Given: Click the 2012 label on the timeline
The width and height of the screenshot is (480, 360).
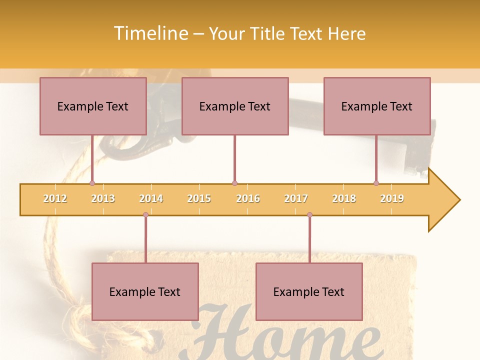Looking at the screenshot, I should tap(55, 198).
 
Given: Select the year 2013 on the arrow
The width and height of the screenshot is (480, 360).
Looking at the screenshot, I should tap(103, 198).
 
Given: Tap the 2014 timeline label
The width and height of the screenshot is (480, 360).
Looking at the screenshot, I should tap(151, 198).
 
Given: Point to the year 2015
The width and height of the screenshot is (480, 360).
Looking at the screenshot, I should tap(199, 198).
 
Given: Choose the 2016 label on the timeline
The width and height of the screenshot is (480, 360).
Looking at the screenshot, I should tap(248, 198).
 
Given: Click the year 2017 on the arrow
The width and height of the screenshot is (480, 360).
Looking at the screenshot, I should tap(296, 198).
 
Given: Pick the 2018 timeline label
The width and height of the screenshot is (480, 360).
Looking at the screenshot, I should tap(344, 198).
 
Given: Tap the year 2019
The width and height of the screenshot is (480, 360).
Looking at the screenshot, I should tap(392, 198).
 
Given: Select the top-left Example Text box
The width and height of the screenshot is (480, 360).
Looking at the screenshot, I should tap(93, 106).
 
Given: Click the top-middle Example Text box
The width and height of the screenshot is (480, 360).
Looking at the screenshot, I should tap(235, 106).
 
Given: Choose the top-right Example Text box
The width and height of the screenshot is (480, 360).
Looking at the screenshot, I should tap(377, 106).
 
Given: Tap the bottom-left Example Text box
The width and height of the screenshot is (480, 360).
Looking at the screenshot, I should tap(145, 291).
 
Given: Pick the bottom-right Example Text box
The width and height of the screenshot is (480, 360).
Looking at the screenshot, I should tap(309, 291).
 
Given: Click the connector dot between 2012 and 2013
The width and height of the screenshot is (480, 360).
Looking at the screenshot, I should tap(92, 183).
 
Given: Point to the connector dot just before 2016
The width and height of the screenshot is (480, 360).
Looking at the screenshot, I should tap(234, 183).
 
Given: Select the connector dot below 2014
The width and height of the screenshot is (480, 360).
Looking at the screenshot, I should tap(145, 215).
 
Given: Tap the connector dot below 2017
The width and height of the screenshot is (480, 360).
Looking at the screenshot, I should tap(309, 215).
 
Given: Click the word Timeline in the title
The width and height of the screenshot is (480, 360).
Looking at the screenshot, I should tap(150, 33).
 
